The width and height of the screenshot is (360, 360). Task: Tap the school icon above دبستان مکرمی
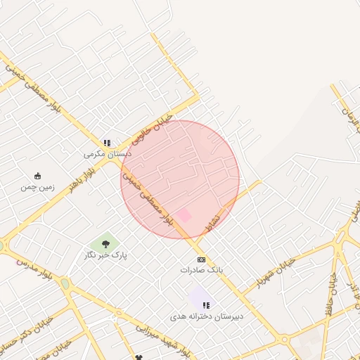[x=107, y=142]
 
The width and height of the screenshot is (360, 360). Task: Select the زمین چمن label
[x=37, y=187]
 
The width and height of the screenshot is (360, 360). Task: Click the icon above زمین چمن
[x=37, y=176]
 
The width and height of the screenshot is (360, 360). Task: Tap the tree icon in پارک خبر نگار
[x=105, y=244]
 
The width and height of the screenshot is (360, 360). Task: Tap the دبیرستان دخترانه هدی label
[x=206, y=316]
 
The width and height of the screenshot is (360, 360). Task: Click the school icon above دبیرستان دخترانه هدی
[x=206, y=305]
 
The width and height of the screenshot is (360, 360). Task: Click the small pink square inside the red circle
[x=184, y=214]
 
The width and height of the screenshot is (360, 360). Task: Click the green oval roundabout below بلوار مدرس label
[x=65, y=284]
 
